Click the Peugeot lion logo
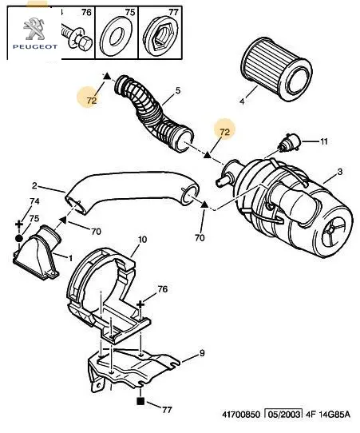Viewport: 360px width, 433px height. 35,29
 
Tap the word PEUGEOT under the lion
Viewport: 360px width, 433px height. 35,46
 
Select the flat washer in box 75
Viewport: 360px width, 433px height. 117,37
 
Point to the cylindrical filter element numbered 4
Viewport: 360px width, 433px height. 277,70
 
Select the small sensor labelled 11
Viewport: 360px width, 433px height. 291,142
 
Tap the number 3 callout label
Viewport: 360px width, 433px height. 340,172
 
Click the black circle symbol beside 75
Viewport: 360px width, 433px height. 19,238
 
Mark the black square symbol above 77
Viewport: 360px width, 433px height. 140,401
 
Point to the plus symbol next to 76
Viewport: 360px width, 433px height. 140,304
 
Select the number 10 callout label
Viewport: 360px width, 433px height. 142,240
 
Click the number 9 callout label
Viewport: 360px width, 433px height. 202,353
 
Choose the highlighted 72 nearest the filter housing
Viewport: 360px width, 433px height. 225,132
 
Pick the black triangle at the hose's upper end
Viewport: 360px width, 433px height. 107,76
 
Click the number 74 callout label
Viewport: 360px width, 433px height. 34,201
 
